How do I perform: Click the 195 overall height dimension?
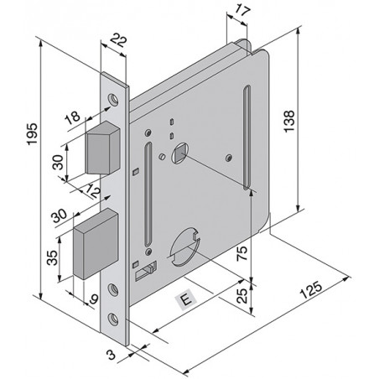(32, 134)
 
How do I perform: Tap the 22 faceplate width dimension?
(118, 40)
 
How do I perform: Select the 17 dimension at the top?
(242, 10)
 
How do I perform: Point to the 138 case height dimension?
(289, 121)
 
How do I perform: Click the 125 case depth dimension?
(311, 290)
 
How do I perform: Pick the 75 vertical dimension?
(242, 253)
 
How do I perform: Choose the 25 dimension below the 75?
(242, 295)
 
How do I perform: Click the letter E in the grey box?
(186, 299)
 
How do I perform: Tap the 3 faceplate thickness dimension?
(112, 355)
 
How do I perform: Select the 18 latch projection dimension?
(72, 117)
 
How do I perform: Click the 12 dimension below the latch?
(92, 191)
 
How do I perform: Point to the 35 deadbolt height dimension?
(53, 257)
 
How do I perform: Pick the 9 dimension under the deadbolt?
(94, 299)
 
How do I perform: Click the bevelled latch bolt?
(102, 148)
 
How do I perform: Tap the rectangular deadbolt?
(95, 244)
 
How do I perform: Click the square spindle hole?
(179, 153)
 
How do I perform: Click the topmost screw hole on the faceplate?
(113, 99)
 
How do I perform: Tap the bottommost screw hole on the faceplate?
(113, 319)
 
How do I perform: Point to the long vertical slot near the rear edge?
(247, 138)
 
